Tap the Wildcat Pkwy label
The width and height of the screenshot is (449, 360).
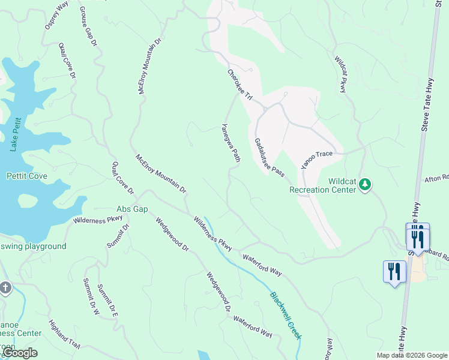340,75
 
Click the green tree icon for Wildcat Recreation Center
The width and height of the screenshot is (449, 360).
365,185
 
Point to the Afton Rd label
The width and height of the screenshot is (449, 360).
437,178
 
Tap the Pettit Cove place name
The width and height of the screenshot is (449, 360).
27,176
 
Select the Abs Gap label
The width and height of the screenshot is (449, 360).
132,209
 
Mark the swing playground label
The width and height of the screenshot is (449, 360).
33,247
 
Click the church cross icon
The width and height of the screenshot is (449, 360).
5,288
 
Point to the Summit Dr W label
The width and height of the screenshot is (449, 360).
91,297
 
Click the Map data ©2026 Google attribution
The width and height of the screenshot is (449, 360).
411,355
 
